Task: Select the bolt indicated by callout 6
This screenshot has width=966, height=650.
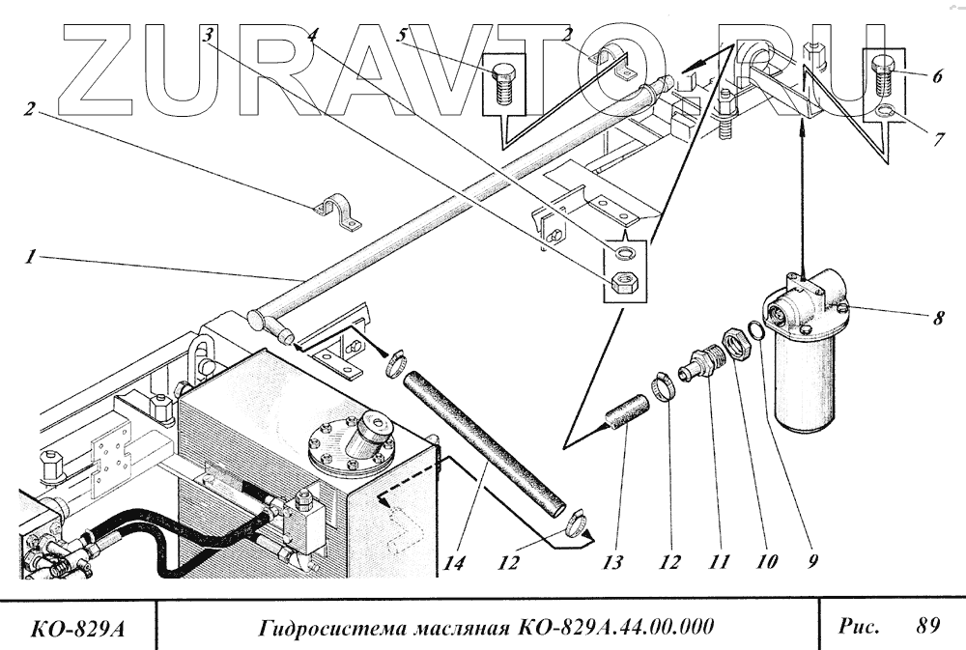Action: tap(883, 73)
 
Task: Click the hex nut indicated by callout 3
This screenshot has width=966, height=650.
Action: tap(624, 282)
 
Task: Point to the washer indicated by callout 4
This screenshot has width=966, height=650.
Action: tap(625, 254)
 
